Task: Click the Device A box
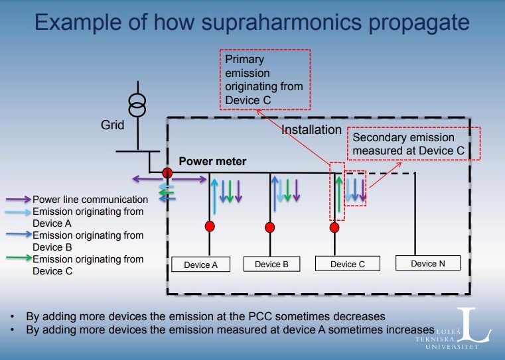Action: (x=201, y=265)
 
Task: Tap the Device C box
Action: (x=343, y=264)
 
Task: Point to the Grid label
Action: (x=112, y=125)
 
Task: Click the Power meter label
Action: (x=212, y=161)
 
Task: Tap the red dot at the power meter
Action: (x=168, y=174)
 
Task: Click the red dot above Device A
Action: (x=210, y=226)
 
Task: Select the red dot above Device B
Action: (x=270, y=227)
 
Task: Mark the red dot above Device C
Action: (x=334, y=227)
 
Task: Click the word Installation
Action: (x=312, y=129)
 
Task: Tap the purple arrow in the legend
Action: (x=19, y=199)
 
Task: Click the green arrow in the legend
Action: (x=19, y=259)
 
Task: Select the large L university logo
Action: (x=474, y=326)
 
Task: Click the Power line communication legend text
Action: (x=90, y=199)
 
